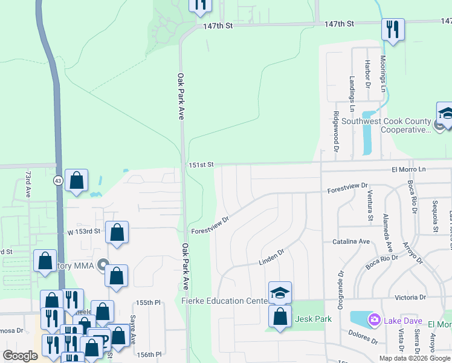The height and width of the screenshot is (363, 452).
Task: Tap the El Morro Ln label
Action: click(408, 169)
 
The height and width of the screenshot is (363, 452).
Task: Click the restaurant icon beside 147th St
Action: click(393, 28)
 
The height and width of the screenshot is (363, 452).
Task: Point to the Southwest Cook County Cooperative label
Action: click(387, 125)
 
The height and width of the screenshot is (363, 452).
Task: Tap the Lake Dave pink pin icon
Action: click(374, 319)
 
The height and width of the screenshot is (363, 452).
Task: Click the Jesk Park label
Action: click(310, 319)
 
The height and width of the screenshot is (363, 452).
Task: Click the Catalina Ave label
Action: click(351, 241)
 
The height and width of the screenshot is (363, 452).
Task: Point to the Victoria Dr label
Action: click(410, 298)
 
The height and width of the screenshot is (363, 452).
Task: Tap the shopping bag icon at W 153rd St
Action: click(117, 232)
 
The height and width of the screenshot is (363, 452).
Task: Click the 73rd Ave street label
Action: click(28, 184)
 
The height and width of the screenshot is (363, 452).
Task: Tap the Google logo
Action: click(20, 356)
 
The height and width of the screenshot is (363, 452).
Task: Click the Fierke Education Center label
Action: click(224, 301)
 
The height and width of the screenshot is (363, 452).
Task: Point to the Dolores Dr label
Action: click(363, 337)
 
